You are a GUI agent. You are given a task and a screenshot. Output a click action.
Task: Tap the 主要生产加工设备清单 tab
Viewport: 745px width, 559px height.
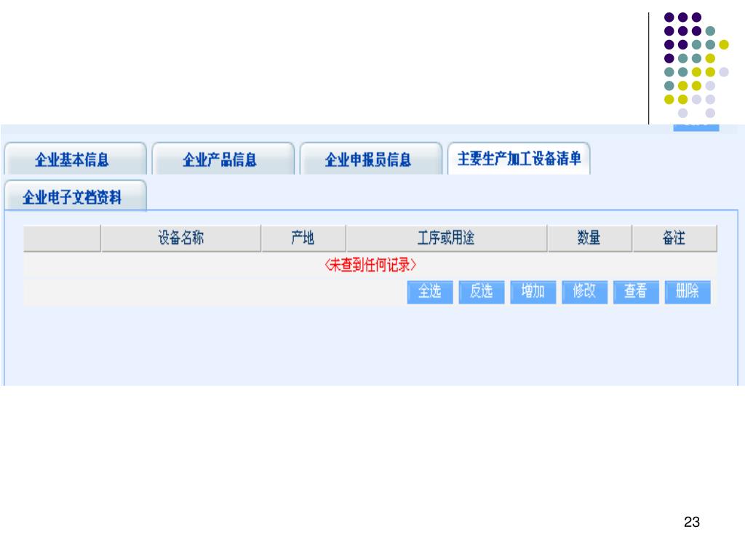pos(519,159)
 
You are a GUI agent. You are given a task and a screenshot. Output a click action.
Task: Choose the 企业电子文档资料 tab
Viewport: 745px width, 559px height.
pos(73,197)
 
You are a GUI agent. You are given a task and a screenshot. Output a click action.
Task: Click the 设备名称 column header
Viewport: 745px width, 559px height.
pos(181,238)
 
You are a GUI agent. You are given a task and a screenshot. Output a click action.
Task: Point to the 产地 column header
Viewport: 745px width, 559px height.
pos(303,238)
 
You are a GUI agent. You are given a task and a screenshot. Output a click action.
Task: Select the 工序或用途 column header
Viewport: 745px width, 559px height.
pos(446,238)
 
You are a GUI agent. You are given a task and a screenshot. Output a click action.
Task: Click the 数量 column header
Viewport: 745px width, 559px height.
pos(589,238)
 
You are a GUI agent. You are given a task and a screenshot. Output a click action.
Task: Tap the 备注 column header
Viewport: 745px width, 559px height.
pos(674,238)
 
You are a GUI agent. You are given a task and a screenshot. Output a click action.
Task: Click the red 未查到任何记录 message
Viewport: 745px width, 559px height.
pos(370,266)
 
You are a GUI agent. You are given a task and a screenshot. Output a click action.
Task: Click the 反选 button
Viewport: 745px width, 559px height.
pos(481,292)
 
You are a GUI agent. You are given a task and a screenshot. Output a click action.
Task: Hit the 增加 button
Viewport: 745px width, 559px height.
pos(533,292)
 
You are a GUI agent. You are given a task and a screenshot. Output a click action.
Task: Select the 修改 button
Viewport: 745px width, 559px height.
pos(584,292)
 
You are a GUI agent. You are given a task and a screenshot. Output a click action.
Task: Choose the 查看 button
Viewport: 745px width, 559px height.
pos(635,292)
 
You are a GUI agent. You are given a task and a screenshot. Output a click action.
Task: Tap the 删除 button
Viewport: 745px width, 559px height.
pos(687,292)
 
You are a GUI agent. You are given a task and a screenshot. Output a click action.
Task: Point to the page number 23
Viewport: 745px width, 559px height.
pos(692,522)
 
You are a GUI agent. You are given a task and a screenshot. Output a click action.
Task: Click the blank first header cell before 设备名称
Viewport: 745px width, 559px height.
pos(62,238)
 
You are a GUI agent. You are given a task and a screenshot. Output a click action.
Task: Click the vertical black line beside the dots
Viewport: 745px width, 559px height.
pos(648,69)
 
